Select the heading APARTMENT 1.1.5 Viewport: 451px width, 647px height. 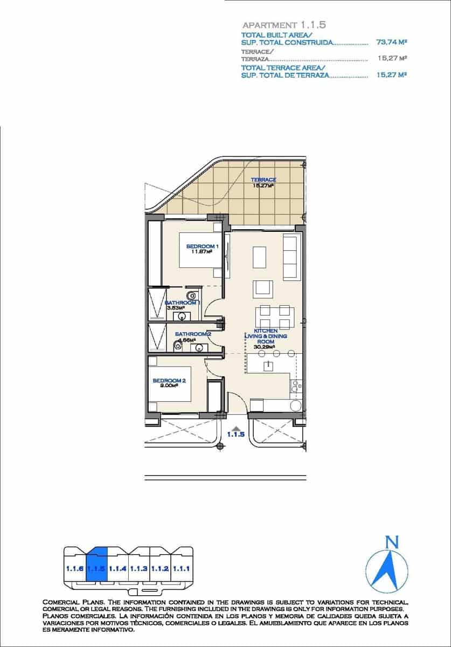pos(284,25)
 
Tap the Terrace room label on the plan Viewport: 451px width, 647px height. pos(264,180)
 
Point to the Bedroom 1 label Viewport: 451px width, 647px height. pos(202,246)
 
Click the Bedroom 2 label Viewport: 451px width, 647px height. pos(169,381)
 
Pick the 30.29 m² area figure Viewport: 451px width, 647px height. pos(264,347)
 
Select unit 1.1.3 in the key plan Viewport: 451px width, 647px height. pos(139,568)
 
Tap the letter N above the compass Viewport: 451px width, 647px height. pos(392,542)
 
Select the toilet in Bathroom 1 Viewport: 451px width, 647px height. pos(192,295)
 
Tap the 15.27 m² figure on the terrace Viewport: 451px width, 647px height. pos(263,185)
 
